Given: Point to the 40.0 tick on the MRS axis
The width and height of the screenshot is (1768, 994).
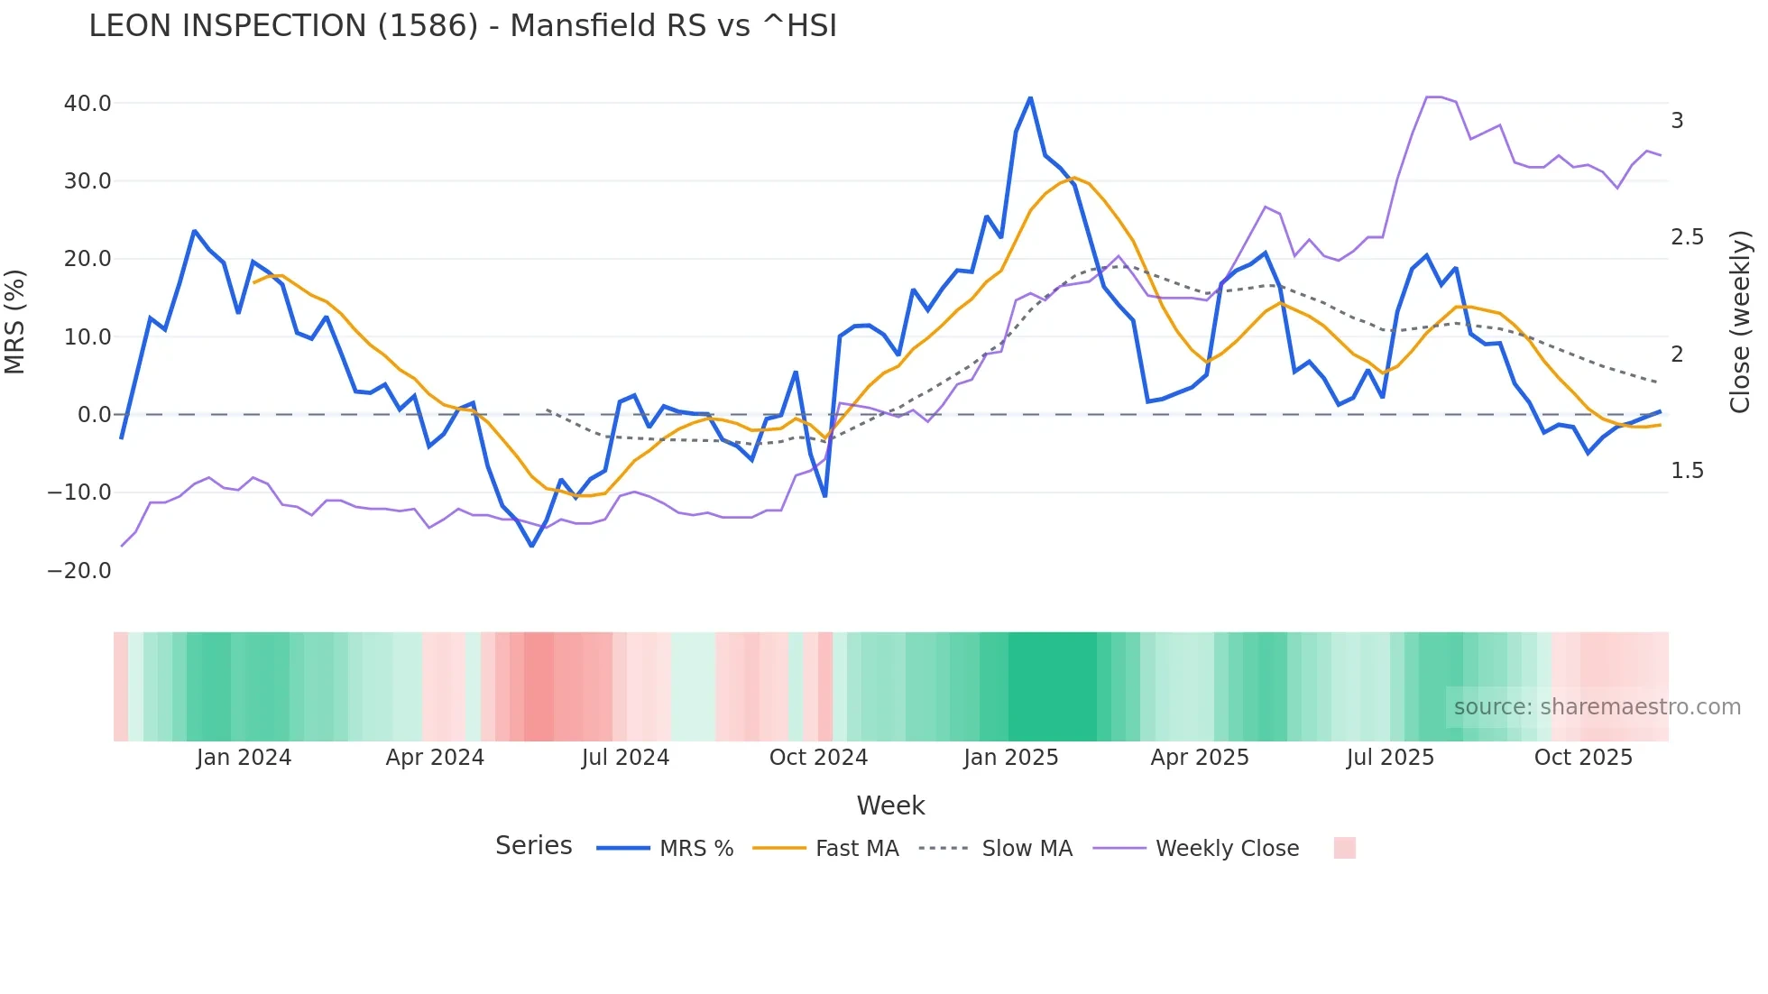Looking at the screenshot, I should pos(87,104).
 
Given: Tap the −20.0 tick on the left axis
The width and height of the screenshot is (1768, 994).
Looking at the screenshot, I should pos(79,571).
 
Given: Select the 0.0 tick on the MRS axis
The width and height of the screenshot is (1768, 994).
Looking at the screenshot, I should pos(94,415).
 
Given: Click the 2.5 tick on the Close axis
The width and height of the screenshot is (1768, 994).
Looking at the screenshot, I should pos(1687,237).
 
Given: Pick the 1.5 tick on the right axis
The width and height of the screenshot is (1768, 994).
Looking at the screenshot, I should pos(1687,471).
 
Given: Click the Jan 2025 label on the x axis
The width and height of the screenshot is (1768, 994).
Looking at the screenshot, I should pos(1010,758).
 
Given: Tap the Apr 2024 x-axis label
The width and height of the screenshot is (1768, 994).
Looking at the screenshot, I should pos(435,758).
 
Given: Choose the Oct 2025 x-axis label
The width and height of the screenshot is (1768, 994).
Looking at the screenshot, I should pos(1583,758).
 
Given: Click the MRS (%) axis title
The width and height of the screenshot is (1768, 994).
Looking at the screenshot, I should pos(15,321).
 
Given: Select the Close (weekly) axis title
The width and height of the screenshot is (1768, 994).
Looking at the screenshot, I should pos(1740,321).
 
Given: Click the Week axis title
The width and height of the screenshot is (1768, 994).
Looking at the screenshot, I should pos(890,805).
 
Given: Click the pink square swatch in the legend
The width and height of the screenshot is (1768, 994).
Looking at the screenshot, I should pos(1344,848).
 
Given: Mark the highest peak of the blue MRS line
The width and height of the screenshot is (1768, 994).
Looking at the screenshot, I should pos(1030,97).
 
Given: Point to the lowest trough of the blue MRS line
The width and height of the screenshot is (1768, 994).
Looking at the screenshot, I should pos(532,546).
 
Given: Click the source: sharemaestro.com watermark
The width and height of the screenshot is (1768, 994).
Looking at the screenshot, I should pos(1597,707).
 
